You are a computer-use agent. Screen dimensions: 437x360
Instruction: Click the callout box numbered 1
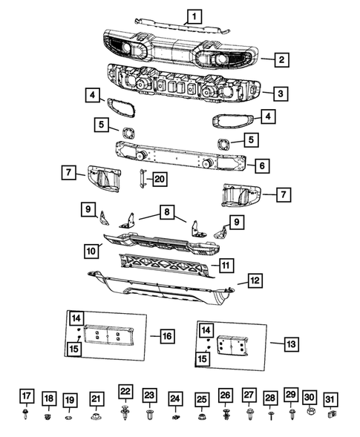(193, 15)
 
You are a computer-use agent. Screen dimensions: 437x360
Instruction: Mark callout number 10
(93, 252)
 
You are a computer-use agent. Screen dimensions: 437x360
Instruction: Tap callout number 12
(254, 281)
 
